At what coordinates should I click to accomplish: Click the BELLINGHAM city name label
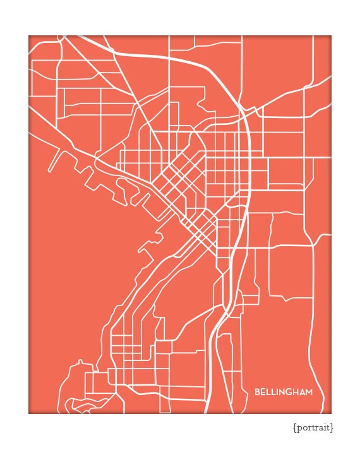[x=284, y=393]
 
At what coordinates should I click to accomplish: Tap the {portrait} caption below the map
[x=313, y=428]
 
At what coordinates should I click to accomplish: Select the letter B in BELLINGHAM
[x=258, y=393]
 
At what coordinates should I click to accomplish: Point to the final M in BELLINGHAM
[x=309, y=393]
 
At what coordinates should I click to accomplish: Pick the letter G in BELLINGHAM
[x=289, y=393]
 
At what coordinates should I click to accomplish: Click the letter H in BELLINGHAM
[x=295, y=393]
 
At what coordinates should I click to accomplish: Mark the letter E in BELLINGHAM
[x=263, y=393]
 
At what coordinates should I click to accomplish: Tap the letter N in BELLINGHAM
[x=282, y=393]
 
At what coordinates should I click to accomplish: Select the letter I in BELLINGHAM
[x=277, y=393]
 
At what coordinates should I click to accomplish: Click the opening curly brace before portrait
[x=295, y=428]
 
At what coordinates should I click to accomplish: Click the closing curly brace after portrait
[x=332, y=428]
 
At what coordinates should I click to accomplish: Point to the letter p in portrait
[x=299, y=429]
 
